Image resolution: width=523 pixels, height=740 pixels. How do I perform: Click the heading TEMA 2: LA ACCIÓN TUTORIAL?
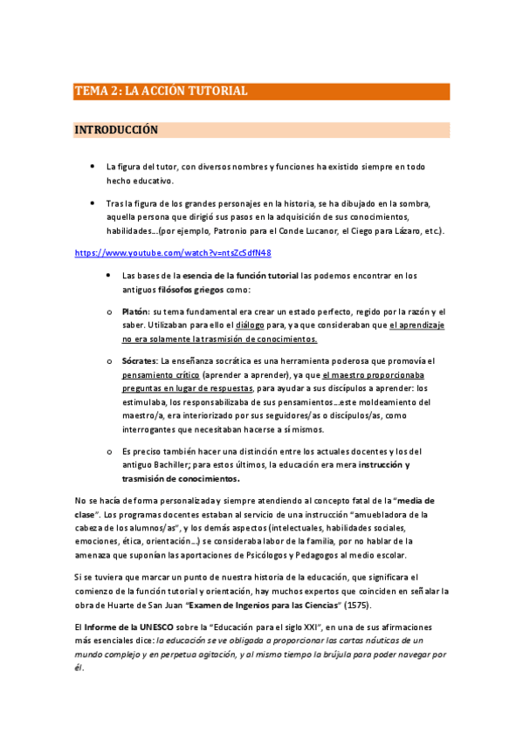coord(162,91)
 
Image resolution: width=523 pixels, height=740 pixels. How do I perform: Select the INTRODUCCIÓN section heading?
coord(116,130)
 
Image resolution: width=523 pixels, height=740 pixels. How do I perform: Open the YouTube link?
coord(173,253)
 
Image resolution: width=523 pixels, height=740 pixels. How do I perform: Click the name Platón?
coord(135,312)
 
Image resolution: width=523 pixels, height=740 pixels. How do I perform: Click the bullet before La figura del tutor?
coord(92,166)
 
